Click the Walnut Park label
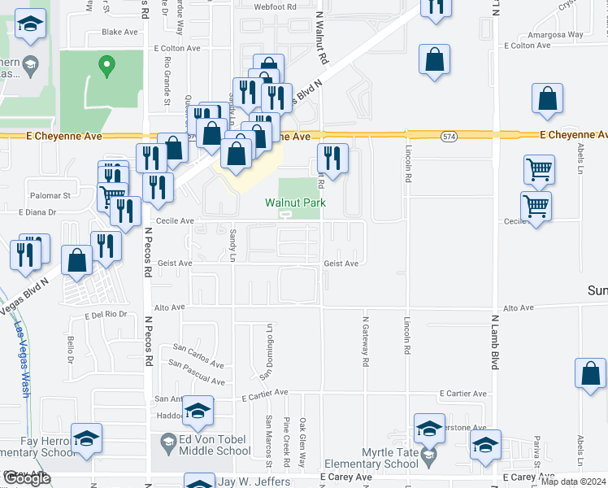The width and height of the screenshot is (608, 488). pos(294,203)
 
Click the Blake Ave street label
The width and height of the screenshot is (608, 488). pos(119,33)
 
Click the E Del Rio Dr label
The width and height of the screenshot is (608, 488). pos(106,314)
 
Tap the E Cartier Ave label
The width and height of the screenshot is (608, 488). pos(265,392)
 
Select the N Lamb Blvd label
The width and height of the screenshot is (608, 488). pos(493,342)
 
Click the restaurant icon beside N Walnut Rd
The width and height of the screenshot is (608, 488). pos(332,156)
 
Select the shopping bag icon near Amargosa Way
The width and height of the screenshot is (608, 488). pos(435,59)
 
